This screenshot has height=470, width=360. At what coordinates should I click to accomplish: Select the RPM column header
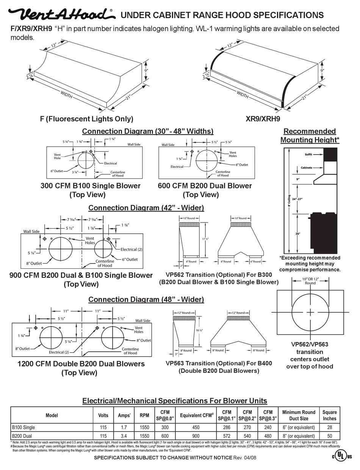pyautogui.click(x=144, y=415)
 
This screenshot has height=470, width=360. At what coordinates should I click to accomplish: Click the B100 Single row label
pyautogui.click(x=23, y=428)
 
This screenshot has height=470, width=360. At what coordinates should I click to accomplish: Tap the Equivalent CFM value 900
pyautogui.click(x=196, y=436)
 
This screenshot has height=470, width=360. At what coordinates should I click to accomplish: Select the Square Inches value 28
pyautogui.click(x=329, y=428)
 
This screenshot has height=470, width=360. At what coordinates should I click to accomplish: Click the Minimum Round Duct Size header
pyautogui.click(x=299, y=415)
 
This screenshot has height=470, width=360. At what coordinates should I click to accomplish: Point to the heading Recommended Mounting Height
pyautogui.click(x=310, y=135)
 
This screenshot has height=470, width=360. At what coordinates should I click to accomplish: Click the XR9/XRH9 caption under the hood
pyautogui.click(x=263, y=119)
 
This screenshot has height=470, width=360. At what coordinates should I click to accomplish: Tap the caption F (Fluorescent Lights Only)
pyautogui.click(x=87, y=119)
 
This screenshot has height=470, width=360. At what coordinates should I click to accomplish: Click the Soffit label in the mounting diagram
pyautogui.click(x=308, y=155)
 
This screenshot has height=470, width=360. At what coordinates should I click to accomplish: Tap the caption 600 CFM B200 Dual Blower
pyautogui.click(x=205, y=186)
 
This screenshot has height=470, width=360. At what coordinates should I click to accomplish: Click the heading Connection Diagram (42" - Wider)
pyautogui.click(x=146, y=208)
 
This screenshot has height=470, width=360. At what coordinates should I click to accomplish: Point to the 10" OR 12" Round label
pyautogui.click(x=310, y=281)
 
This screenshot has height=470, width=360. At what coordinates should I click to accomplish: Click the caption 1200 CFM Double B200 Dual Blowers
pyautogui.click(x=81, y=364)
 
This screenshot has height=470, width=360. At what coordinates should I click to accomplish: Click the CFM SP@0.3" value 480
pyautogui.click(x=268, y=436)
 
